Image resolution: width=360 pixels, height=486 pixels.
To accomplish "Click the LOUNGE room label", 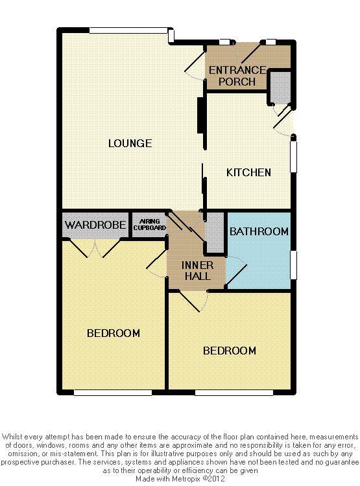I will tap(130, 143).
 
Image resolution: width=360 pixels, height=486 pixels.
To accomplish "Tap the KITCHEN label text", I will tap(248, 172).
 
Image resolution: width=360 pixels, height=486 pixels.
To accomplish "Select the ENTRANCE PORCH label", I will tap(237, 76).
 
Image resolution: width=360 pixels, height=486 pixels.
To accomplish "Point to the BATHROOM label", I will tap(259, 231).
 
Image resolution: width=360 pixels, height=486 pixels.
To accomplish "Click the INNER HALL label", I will tap(196, 270).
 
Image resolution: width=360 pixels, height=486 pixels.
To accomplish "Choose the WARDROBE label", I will tap(95, 226).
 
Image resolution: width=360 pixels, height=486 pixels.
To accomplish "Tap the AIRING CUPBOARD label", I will tap(149, 225).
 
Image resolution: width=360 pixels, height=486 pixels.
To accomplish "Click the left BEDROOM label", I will tap(114, 333).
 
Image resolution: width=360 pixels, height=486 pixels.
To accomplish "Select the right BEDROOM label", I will tap(229, 351).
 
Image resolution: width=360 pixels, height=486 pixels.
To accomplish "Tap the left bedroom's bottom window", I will tap(113, 392).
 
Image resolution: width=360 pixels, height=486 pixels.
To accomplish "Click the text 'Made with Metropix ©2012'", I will tap(179, 480).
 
